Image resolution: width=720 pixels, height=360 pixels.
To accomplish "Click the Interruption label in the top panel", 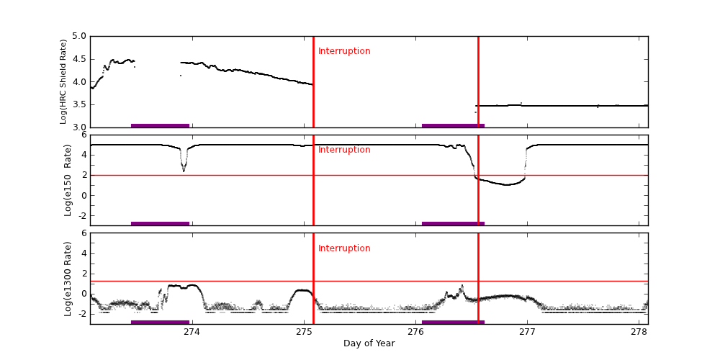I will [344, 51].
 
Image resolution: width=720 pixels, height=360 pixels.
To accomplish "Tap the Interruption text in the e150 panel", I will [344, 150].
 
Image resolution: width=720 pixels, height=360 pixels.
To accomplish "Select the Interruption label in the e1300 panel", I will [344, 248].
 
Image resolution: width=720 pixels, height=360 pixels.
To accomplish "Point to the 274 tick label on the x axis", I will [192, 332].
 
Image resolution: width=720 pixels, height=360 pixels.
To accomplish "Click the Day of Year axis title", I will [369, 343].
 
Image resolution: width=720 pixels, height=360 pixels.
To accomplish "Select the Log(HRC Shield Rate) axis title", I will [63, 81].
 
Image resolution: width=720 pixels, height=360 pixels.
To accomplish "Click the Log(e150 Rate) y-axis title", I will [68, 180].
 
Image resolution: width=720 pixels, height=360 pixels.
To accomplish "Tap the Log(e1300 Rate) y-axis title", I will [68, 279].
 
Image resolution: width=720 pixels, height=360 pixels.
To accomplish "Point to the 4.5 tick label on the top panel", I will [79, 59].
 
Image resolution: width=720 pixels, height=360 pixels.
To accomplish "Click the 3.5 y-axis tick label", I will [79, 104].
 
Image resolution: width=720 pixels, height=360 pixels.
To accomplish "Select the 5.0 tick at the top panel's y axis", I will [79, 36].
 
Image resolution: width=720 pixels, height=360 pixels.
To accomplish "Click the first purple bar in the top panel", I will [160, 125].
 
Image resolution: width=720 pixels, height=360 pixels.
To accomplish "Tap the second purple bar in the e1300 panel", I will [453, 322].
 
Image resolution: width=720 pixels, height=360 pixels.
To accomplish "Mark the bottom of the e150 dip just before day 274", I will [184, 171].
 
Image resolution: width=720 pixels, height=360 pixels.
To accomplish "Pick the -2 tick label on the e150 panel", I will [81, 215].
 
